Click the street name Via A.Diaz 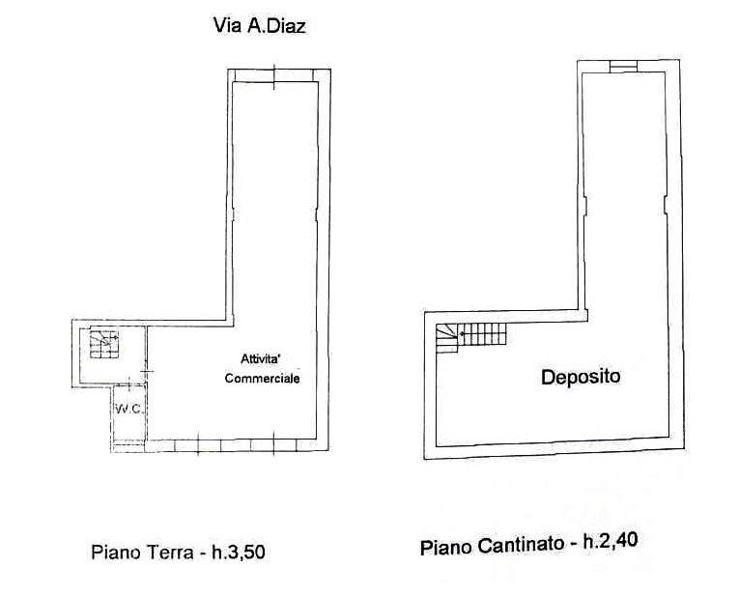point(260,25)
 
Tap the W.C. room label point(128,409)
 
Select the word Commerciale point(262,379)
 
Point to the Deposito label point(581,377)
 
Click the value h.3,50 point(239,552)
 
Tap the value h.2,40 point(611,541)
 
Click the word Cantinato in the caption point(521,546)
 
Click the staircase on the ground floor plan point(103,344)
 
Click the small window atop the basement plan point(623,67)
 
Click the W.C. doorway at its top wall point(129,385)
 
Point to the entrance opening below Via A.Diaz point(274,76)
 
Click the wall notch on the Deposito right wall point(666,206)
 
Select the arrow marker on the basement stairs point(462,333)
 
